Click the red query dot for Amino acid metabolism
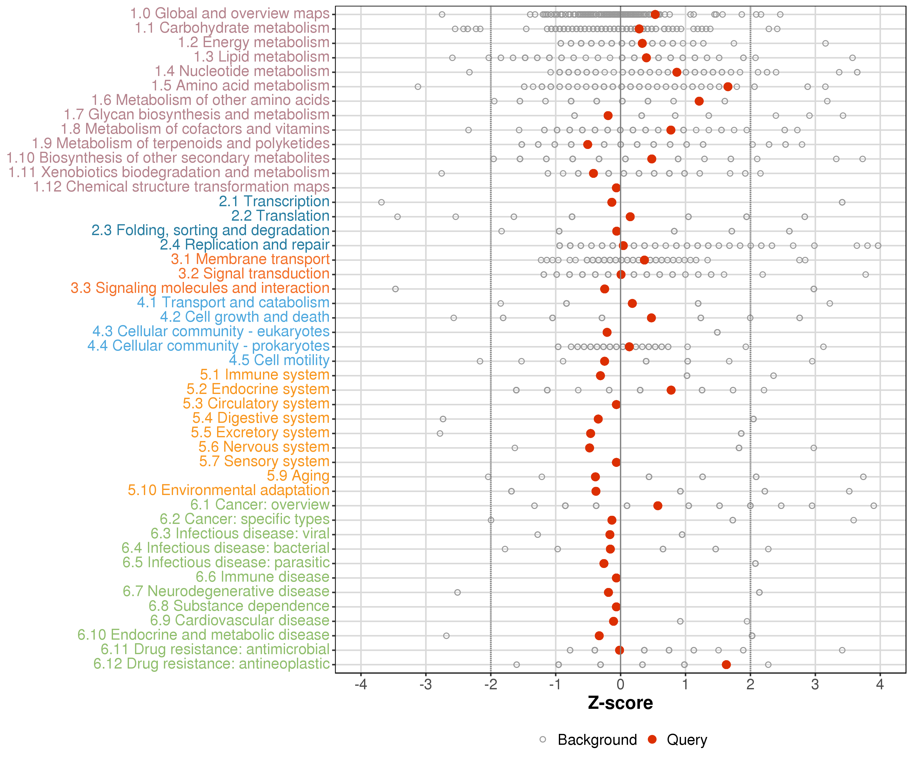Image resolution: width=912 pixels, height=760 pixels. coord(728,86)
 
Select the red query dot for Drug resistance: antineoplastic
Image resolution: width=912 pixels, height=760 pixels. coord(726,664)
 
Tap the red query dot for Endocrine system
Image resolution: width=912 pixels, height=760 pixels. coord(671,390)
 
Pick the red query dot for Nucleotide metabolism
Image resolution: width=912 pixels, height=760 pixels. coord(677,72)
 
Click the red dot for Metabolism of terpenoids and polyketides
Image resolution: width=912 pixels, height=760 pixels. coord(587,144)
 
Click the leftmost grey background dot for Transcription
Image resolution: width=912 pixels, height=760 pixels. coord(381,202)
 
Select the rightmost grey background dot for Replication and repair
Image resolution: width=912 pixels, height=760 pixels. coord(878,246)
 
